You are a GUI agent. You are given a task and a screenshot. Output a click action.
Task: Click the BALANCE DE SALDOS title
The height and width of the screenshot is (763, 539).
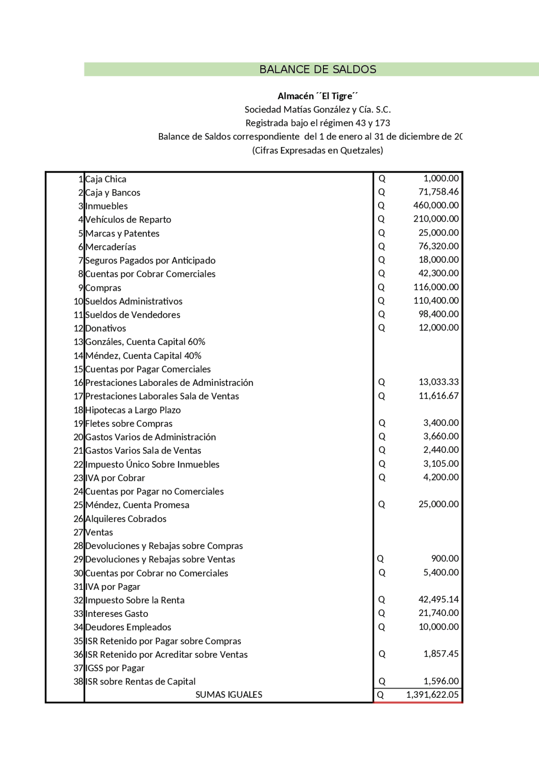click(318, 70)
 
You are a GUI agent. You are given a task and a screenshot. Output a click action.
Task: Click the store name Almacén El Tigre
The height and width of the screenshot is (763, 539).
click(318, 96)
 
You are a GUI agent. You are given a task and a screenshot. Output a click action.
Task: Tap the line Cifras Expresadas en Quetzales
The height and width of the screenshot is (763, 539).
click(318, 150)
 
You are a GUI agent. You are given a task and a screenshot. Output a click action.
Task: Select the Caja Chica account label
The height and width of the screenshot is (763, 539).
click(106, 179)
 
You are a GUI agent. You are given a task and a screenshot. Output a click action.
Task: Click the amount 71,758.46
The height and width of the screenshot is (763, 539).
click(438, 192)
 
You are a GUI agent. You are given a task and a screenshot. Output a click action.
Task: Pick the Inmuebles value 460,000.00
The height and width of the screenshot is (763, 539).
click(436, 206)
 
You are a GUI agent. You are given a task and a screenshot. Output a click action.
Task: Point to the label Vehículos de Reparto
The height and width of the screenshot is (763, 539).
click(128, 220)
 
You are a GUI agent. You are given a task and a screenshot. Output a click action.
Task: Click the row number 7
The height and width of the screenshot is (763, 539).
click(81, 260)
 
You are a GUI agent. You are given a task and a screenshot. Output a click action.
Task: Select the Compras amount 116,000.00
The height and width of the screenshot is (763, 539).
click(436, 287)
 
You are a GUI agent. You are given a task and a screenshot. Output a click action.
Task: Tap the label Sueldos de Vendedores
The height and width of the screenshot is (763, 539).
click(133, 315)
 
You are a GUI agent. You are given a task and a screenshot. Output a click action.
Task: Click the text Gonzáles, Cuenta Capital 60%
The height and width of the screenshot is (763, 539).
click(145, 342)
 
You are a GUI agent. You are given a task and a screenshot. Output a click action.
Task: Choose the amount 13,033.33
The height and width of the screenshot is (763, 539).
click(438, 382)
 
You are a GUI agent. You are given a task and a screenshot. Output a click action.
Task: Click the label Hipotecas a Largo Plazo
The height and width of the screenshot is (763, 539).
click(133, 410)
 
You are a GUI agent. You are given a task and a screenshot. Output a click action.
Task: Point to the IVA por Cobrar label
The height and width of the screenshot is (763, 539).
click(115, 478)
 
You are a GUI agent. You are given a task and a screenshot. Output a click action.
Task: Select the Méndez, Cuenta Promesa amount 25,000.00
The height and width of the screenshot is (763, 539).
click(438, 504)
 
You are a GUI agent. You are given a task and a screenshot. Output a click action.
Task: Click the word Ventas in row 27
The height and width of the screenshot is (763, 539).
click(99, 532)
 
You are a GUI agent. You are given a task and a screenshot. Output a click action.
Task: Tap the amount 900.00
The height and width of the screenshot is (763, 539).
click(445, 559)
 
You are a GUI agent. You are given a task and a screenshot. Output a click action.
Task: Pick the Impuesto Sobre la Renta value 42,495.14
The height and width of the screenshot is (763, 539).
click(438, 600)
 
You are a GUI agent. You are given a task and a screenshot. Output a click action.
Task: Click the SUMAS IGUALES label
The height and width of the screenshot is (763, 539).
click(229, 695)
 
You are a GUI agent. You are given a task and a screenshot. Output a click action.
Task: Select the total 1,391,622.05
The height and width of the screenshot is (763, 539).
click(432, 695)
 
